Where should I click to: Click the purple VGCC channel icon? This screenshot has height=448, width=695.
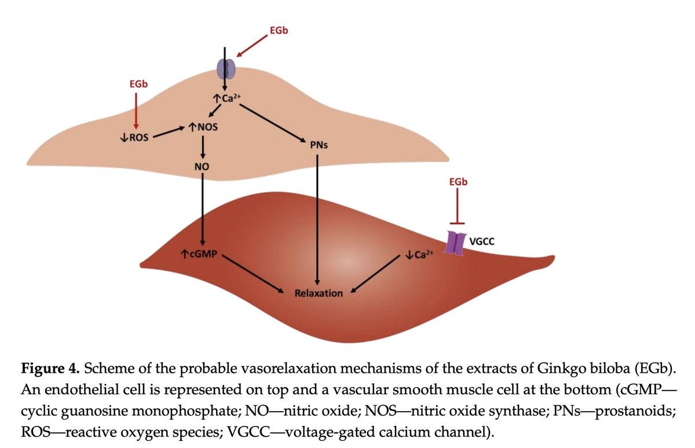click(455, 243)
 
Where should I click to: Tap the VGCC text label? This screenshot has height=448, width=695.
click(482, 241)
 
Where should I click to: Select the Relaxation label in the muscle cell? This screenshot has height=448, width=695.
click(319, 293)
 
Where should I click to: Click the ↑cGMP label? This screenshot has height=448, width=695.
click(199, 254)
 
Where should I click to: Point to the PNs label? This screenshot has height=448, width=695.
click(319, 145)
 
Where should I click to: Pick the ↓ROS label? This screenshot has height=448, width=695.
click(134, 137)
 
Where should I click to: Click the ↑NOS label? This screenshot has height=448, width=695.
click(203, 127)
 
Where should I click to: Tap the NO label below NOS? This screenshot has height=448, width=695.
click(202, 167)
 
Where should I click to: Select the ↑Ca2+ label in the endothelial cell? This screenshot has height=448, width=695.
click(227, 98)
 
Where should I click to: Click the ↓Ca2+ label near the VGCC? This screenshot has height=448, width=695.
click(419, 255)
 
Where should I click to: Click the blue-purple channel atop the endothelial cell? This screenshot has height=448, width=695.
click(226, 69)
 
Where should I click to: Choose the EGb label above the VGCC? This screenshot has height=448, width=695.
click(458, 182)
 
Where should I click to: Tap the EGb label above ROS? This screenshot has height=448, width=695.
click(138, 84)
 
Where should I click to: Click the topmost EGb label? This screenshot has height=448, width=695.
click(279, 30)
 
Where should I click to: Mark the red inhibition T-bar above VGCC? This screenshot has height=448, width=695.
click(458, 206)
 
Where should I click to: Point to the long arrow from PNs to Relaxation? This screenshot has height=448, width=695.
click(317, 219)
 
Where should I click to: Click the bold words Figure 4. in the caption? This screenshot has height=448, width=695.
click(50, 369)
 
